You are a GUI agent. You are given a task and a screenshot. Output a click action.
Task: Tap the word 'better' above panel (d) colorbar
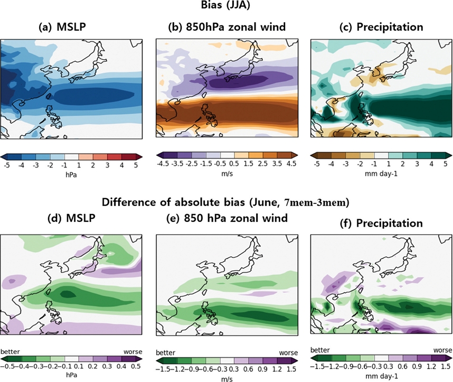(x=11, y=351)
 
